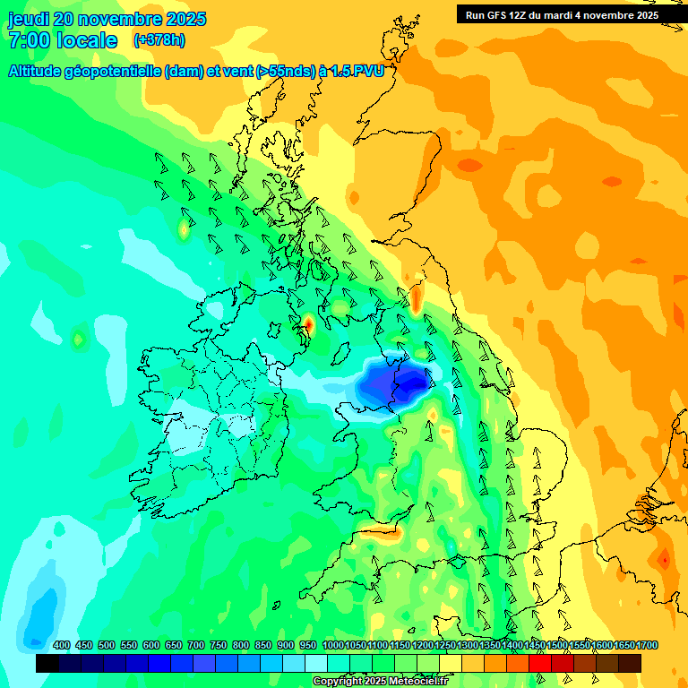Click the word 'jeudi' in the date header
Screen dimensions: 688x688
(30, 19)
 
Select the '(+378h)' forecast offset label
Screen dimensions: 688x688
(159, 40)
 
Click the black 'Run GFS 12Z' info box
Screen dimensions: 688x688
(562, 14)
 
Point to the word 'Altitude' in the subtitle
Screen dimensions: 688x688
(39, 72)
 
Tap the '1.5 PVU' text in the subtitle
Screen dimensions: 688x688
(357, 72)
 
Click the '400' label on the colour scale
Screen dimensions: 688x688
(62, 646)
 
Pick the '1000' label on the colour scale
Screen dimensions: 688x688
(333, 646)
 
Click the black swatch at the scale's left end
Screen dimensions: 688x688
(47, 663)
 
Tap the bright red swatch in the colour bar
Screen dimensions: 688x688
(540, 663)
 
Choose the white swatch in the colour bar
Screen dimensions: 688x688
(316, 663)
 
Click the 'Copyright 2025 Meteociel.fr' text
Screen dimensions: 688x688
(380, 682)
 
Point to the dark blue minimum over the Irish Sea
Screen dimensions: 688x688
(391, 384)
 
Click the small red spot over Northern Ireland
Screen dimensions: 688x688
(308, 322)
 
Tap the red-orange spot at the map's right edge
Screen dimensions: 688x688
(664, 560)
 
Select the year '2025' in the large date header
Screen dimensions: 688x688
(185, 19)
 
